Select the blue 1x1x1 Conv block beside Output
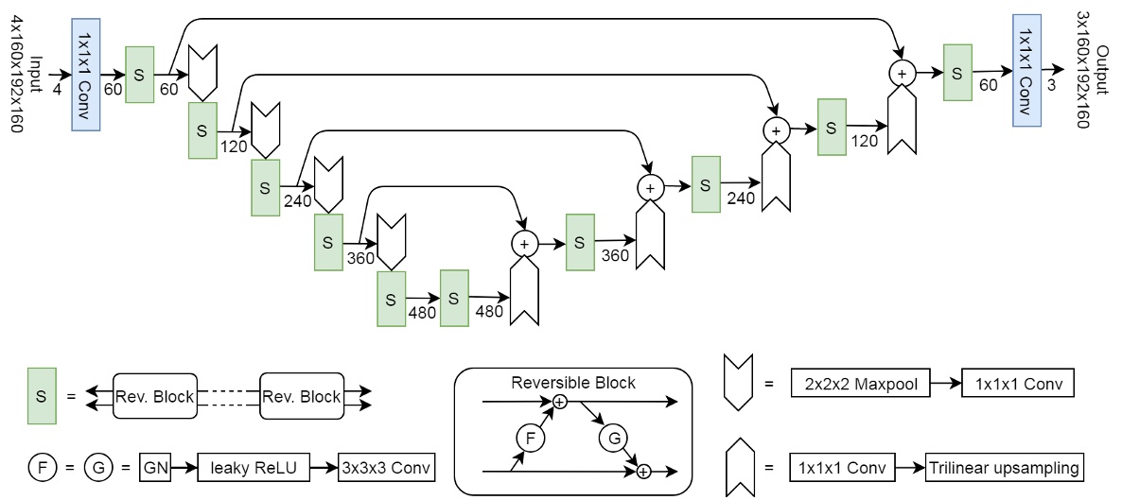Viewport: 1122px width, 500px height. [x=1026, y=69]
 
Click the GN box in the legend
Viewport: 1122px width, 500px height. [x=153, y=467]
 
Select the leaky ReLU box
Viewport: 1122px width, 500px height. [x=253, y=467]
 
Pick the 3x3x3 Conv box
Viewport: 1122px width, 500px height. [x=386, y=467]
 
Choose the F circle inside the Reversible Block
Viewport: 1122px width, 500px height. [x=530, y=437]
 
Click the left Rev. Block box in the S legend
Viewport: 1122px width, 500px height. [x=153, y=397]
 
